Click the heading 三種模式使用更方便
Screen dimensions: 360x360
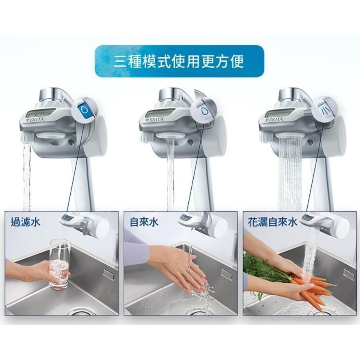point(179,62)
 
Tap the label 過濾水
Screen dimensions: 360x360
point(25,222)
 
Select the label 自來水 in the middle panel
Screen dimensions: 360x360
point(144,222)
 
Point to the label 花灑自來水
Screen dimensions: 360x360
point(273,222)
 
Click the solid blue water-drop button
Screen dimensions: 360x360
point(84,110)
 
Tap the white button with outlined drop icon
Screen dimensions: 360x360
point(203,110)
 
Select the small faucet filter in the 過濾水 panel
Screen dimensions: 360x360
point(84,223)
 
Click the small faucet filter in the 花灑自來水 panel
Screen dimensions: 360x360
point(325,221)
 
